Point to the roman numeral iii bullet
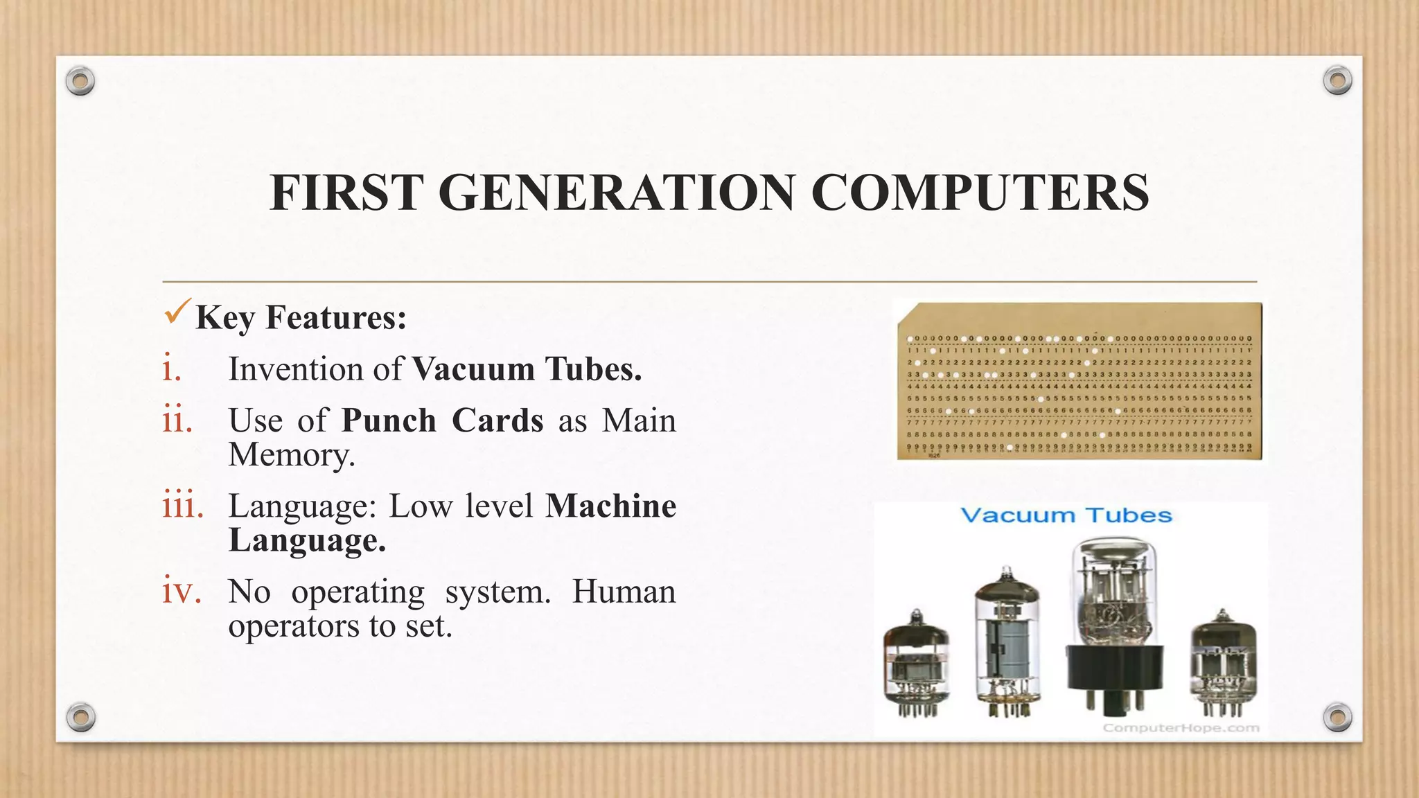183,506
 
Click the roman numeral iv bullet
182,591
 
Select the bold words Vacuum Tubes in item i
527,369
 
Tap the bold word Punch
389,420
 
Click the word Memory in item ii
291,455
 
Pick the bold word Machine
610,506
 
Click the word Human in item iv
623,592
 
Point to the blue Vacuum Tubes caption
1066,515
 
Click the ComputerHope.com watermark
1181,727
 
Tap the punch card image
1079,381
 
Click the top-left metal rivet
80,82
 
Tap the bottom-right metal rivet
1337,717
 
